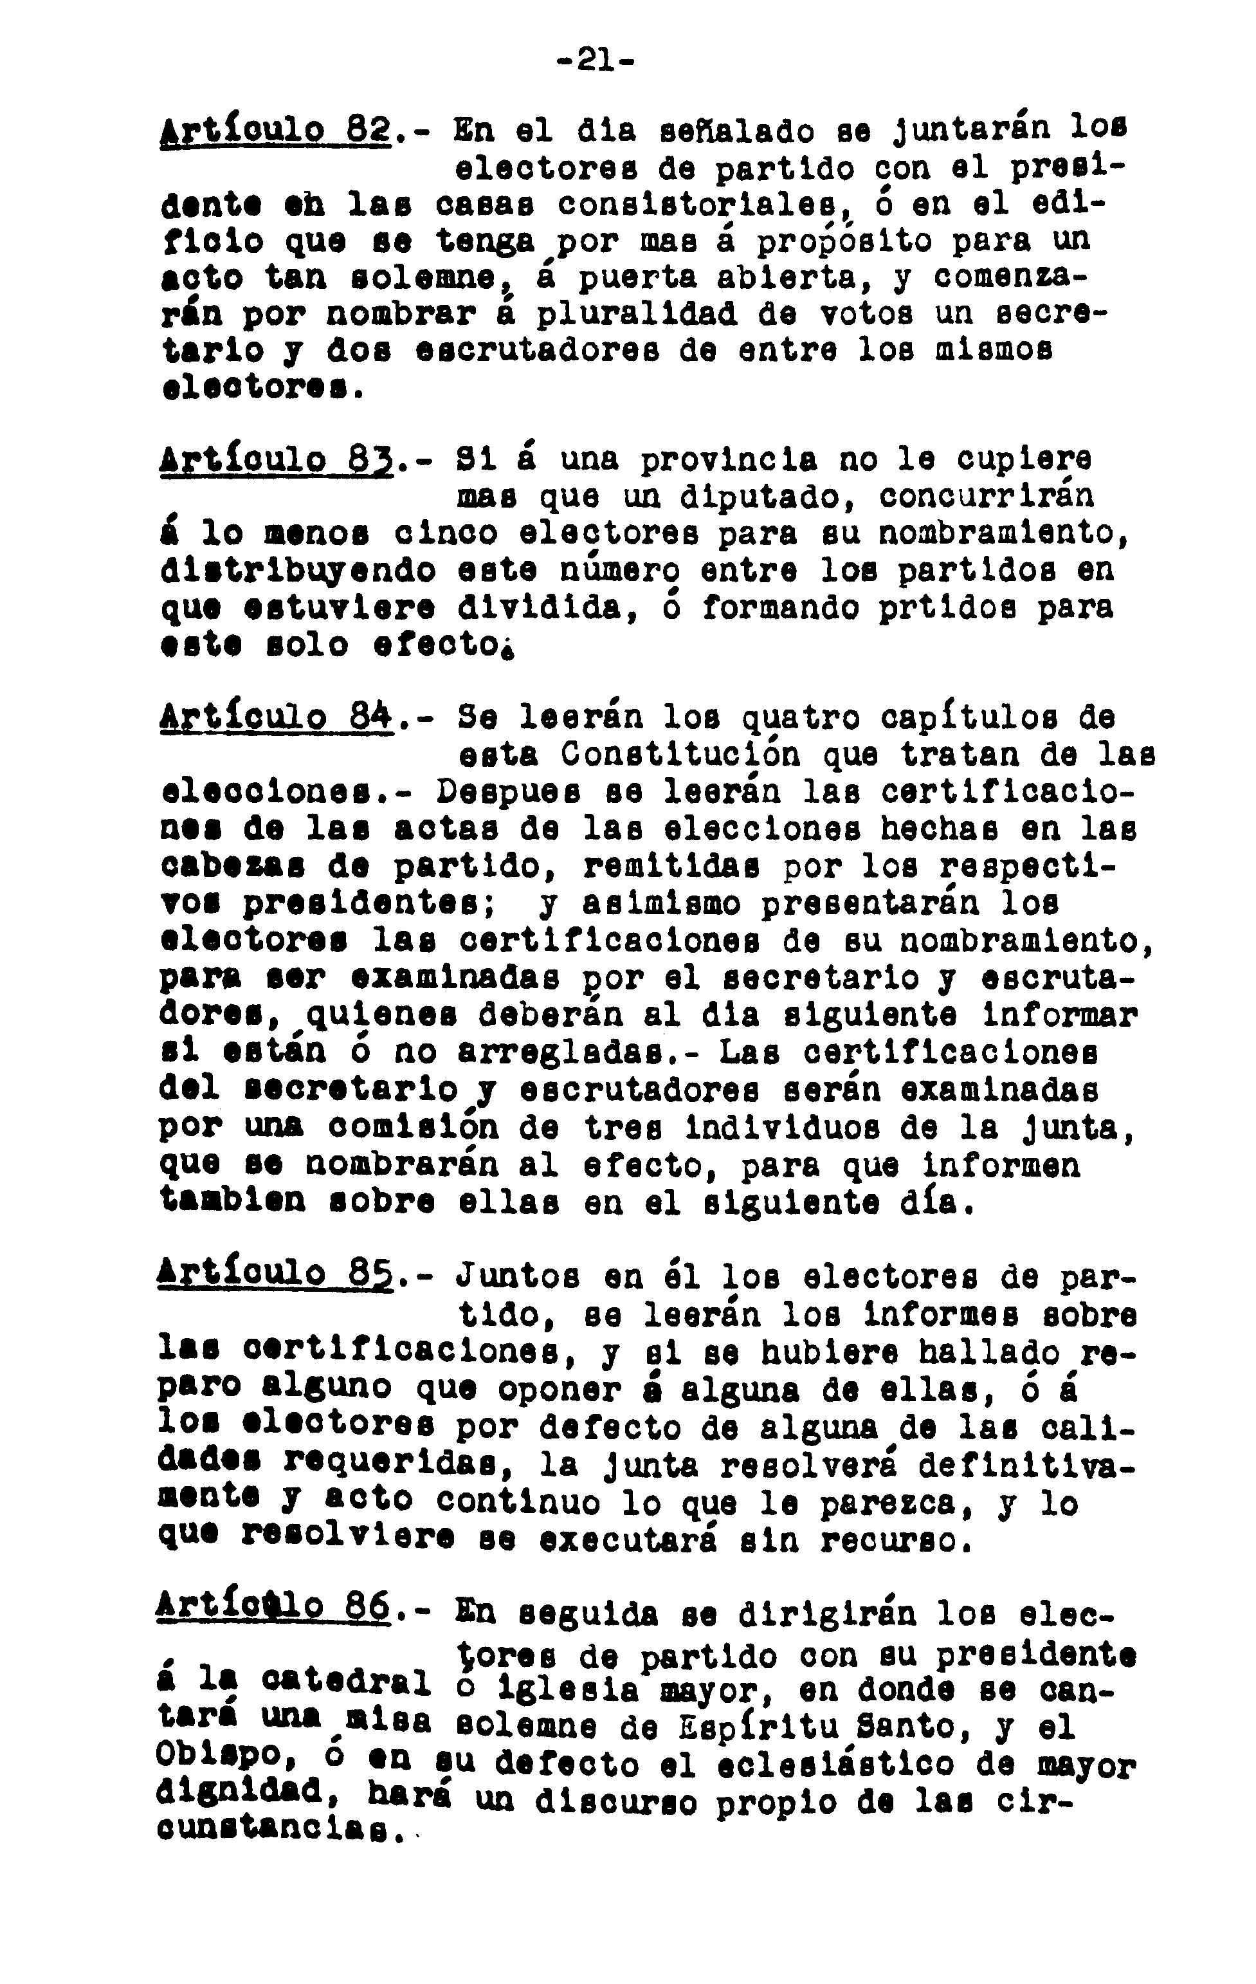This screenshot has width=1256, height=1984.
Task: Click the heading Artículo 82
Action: [x=274, y=132]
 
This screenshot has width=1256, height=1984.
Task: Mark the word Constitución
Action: [x=680, y=755]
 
